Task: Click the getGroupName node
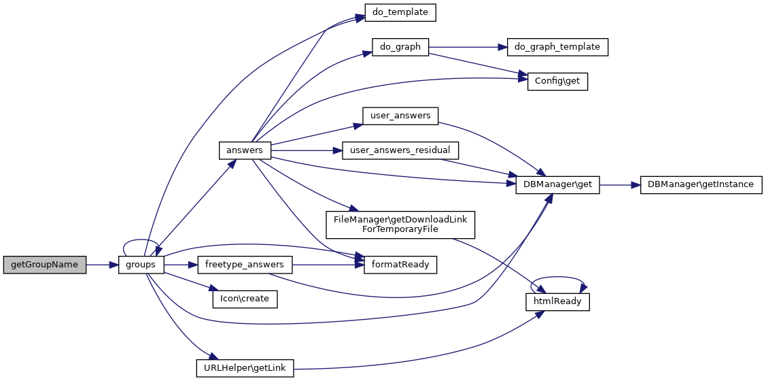click(45, 265)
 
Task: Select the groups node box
click(141, 265)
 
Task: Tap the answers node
click(245, 150)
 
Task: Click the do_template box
click(400, 12)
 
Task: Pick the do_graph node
click(400, 47)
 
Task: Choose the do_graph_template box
click(557, 47)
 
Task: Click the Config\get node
click(557, 81)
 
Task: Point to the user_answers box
click(400, 116)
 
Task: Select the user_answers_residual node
click(400, 150)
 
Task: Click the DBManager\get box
click(557, 184)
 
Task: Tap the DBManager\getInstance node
click(701, 184)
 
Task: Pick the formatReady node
click(400, 265)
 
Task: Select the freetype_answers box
click(245, 265)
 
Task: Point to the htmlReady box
click(557, 301)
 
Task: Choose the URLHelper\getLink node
click(245, 368)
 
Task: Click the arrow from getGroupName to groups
click(102, 265)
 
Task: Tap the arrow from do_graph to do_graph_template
click(468, 47)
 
